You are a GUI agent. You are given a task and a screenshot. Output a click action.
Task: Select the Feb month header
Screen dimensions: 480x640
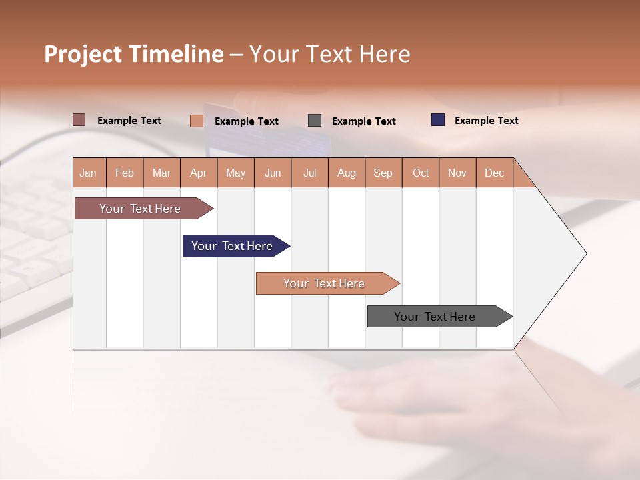125,173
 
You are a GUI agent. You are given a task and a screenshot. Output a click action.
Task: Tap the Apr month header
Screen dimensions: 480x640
199,173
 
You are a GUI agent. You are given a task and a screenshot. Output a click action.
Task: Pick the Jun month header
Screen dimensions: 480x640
273,173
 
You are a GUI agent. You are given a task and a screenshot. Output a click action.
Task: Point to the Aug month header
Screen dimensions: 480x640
347,173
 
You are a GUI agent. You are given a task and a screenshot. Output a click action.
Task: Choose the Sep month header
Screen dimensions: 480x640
383,173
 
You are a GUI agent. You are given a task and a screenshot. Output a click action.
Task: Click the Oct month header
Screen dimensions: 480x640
421,173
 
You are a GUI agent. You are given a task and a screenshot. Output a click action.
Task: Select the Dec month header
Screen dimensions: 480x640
495,173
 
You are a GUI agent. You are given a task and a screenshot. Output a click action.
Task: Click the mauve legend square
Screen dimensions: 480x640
79,120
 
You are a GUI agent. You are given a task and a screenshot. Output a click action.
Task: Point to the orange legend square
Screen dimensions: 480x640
197,121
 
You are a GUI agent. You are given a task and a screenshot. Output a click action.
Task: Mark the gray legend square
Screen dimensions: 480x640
315,121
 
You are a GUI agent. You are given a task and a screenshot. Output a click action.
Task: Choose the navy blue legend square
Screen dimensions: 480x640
438,120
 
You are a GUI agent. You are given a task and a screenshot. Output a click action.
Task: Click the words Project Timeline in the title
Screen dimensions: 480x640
134,54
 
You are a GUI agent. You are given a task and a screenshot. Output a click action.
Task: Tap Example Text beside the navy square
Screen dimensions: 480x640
487,121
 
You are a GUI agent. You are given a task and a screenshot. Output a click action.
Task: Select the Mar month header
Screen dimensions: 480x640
162,173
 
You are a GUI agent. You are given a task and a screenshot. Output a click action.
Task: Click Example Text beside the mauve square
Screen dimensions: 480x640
129,121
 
